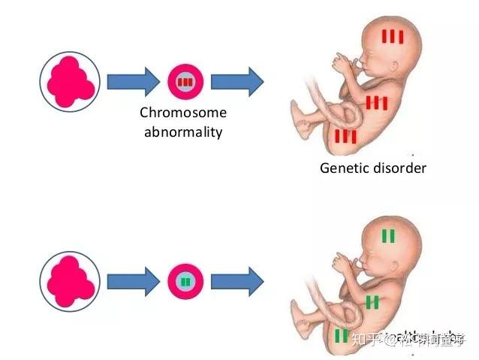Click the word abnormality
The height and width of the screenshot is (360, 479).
(x=183, y=132)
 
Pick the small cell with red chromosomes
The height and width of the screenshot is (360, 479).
(x=185, y=81)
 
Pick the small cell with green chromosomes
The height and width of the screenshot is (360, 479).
(x=185, y=281)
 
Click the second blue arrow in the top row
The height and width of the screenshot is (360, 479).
(x=236, y=81)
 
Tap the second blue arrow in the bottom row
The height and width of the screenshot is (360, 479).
(x=236, y=281)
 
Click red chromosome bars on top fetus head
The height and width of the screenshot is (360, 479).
(x=392, y=36)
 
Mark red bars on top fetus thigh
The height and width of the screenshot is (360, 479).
(x=345, y=136)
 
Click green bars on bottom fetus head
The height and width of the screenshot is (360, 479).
(x=388, y=236)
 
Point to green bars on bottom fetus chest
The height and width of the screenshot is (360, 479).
(x=372, y=301)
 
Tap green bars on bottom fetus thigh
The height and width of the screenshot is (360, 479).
(x=341, y=335)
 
